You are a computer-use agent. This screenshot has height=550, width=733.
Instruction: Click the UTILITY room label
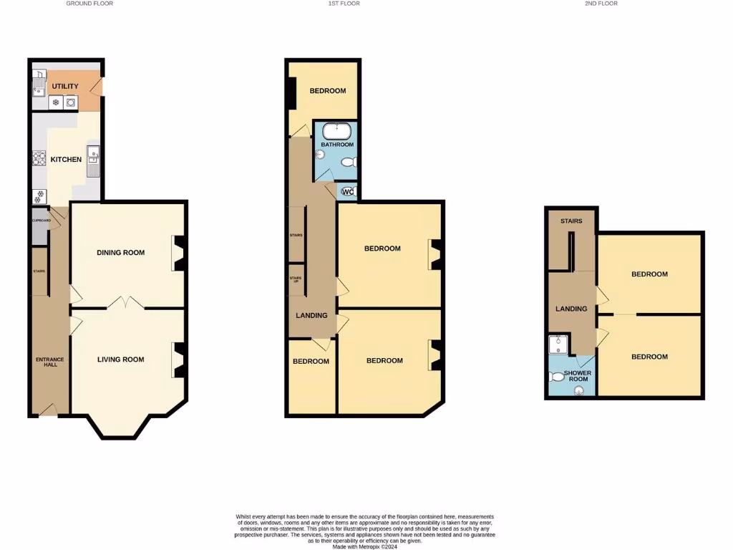point(65,87)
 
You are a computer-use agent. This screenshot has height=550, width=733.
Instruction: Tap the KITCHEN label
point(66,159)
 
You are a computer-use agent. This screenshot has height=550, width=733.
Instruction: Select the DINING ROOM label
point(121,252)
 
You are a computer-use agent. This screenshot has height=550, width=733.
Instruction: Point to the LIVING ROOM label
point(121,360)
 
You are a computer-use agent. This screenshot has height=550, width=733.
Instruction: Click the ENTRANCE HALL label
point(50,362)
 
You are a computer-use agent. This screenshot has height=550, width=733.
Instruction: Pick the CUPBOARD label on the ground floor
point(40,221)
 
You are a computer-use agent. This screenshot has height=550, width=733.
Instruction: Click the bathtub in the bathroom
point(336,132)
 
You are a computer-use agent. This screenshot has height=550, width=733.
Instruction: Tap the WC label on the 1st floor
point(348,192)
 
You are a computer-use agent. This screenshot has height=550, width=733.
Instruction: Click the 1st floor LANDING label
point(312,315)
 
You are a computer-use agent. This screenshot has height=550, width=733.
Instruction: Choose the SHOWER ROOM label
point(576,376)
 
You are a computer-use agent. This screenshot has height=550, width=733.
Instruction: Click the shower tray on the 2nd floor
point(558,346)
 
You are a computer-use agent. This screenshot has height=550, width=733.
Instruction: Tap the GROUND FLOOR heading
point(89,4)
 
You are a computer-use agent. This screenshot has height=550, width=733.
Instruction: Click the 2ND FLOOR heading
point(601,4)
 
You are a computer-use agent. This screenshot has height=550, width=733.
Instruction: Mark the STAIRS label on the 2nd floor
point(571,221)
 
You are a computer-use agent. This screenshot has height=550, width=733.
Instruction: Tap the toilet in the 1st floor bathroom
point(349,163)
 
